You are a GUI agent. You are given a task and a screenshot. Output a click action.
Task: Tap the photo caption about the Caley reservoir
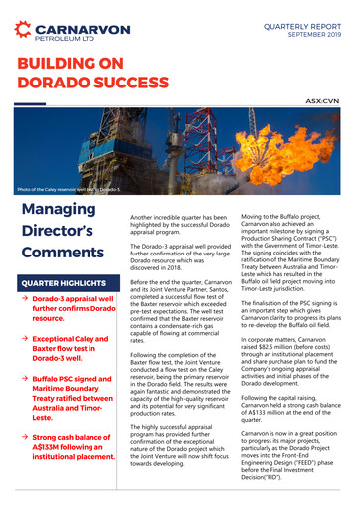point(70,188)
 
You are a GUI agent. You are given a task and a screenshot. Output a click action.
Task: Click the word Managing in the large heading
point(61,214)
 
